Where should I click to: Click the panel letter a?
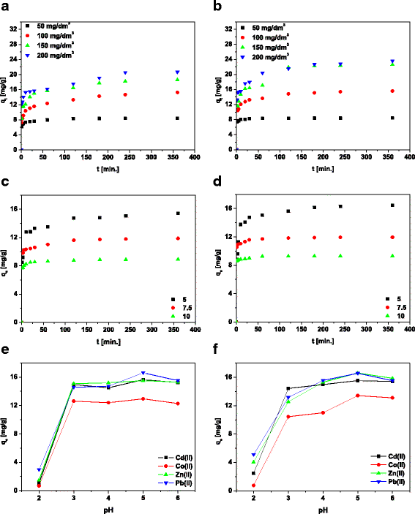(x=5, y=7)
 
